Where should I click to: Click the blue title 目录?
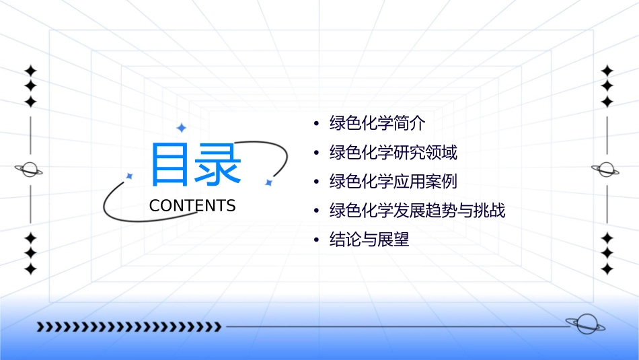pyautogui.click(x=195, y=164)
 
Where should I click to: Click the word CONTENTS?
pyautogui.click(x=192, y=206)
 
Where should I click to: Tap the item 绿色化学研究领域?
pyautogui.click(x=393, y=153)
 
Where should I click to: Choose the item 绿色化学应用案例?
pyautogui.click(x=393, y=182)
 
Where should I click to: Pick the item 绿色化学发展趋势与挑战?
pyautogui.click(x=417, y=211)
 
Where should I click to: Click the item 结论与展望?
pyautogui.click(x=369, y=240)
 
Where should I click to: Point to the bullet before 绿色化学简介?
pyautogui.click(x=317, y=124)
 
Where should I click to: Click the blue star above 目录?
pyautogui.click(x=181, y=128)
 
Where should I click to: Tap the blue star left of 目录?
pyautogui.click(x=130, y=176)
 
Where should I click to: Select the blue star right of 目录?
pyautogui.click(x=268, y=182)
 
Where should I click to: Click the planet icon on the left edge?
pyautogui.click(x=30, y=170)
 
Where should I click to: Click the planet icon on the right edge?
pyautogui.click(x=606, y=170)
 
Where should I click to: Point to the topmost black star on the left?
pyautogui.click(x=30, y=71)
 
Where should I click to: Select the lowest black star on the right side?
pyautogui.click(x=607, y=269)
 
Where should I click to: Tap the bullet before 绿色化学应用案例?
pyautogui.click(x=317, y=182)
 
